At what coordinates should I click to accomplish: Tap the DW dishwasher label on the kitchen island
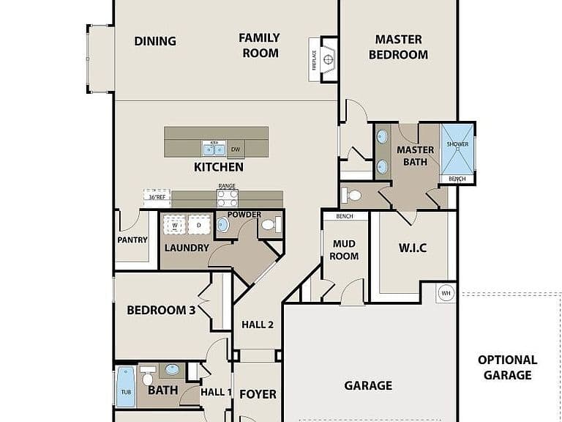click(236, 149)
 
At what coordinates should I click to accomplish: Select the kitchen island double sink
click(214, 148)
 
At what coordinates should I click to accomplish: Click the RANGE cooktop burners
click(228, 199)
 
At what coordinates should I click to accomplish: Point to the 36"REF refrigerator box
click(157, 198)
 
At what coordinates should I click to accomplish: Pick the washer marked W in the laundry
click(175, 225)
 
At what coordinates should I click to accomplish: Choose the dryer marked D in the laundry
click(199, 225)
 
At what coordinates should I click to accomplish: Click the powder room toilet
click(271, 225)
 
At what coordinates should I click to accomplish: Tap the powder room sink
click(222, 225)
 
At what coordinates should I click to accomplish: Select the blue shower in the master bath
click(457, 149)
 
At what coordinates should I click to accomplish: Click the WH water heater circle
click(446, 293)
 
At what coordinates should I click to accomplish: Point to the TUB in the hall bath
click(126, 387)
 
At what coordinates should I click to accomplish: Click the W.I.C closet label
click(413, 248)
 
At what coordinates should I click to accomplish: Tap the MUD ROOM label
click(344, 250)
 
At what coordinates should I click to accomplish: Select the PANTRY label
click(132, 240)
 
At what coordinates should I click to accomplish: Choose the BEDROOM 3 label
click(161, 310)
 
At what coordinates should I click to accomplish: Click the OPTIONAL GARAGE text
click(508, 368)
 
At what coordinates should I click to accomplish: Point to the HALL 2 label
click(258, 325)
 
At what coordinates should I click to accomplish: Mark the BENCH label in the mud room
click(345, 216)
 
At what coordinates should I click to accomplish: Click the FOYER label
click(258, 394)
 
